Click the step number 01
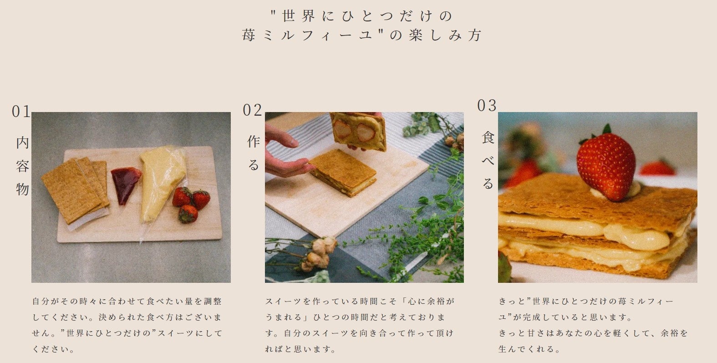coord(21,112)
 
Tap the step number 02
coord(252,110)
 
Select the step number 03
coord(487,106)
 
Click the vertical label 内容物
coord(22,166)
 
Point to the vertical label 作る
coord(254,153)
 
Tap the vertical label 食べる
coord(488,160)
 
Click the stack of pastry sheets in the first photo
coord(75,191)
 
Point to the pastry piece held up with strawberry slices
coord(359,131)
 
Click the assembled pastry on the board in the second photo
coord(343,173)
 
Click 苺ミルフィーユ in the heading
coord(307,35)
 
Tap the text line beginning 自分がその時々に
coord(127,301)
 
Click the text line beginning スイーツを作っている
coord(360,301)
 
